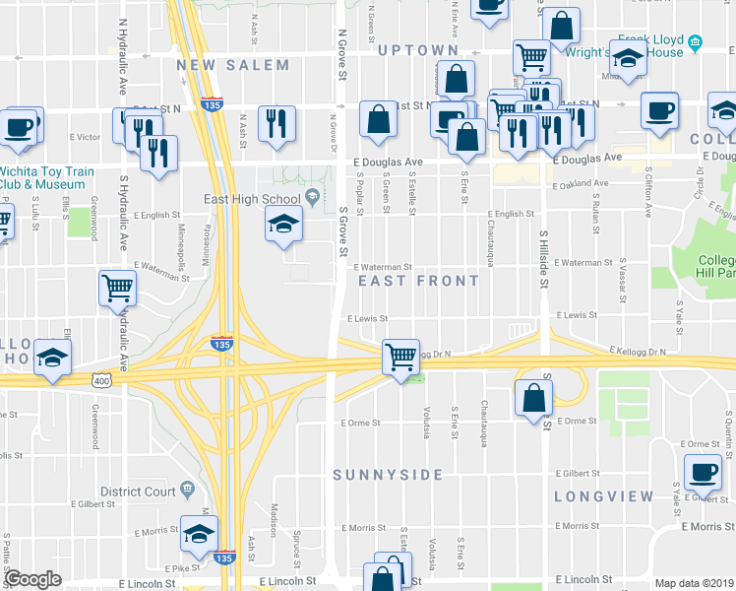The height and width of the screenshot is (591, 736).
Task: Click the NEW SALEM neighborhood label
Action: [x=233, y=66]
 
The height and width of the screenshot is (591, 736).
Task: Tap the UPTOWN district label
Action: [x=417, y=50]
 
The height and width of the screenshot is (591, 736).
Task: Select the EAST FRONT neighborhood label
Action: [x=418, y=281]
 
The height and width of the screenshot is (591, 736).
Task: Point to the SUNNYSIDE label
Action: [x=388, y=475]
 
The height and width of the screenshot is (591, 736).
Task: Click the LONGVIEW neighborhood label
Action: [x=603, y=496]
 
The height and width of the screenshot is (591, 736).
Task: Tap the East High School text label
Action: [x=252, y=198]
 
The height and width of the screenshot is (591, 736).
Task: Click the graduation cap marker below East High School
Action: [x=282, y=225]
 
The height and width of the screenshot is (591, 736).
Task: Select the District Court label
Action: [x=138, y=491]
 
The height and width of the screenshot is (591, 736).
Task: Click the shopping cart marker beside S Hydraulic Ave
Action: [x=117, y=288]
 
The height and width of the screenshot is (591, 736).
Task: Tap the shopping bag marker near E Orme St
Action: [x=533, y=398]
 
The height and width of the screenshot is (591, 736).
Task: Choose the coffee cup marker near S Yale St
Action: [x=704, y=471]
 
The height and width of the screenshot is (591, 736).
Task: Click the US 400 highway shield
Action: [x=100, y=380]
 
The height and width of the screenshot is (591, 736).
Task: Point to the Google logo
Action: [x=32, y=579]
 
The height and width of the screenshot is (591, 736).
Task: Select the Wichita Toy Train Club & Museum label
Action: [x=47, y=177]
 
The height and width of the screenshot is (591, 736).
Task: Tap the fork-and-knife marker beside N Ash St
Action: [x=275, y=122]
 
